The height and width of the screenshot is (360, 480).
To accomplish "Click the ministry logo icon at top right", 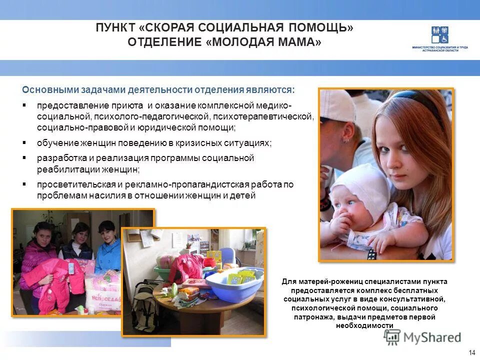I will pos(439,34).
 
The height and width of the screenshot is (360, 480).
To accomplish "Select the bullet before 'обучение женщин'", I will pos(24,142).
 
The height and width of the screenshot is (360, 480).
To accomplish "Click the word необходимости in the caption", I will pos(364,326).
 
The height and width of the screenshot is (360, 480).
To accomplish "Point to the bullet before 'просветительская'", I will pos(24,184).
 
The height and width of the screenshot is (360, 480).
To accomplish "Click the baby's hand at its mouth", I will pos(340,220).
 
